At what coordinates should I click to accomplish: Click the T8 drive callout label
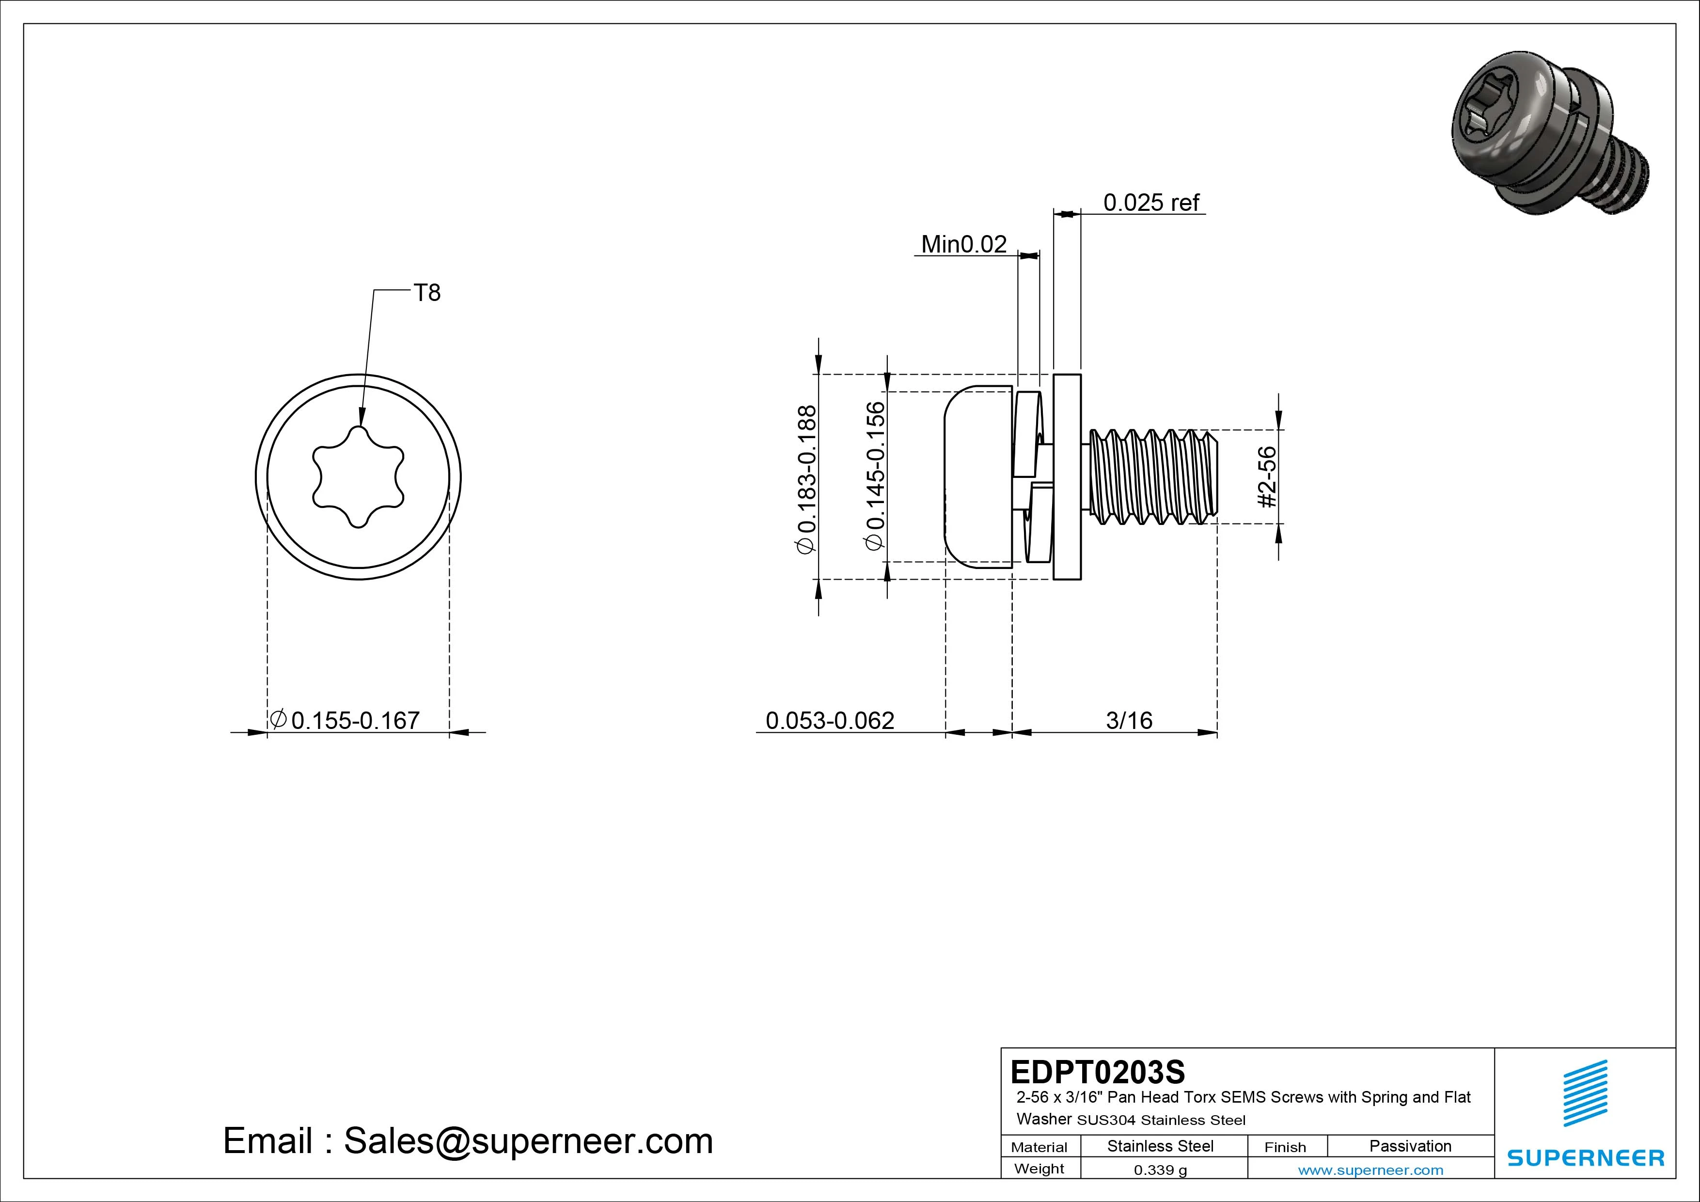pyautogui.click(x=427, y=293)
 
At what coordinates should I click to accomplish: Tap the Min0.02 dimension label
pyautogui.click(x=963, y=244)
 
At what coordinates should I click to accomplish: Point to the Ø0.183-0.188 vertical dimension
pyautogui.click(x=806, y=478)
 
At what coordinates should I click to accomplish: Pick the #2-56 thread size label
pyautogui.click(x=1268, y=476)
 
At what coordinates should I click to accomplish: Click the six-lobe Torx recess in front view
pyautogui.click(x=358, y=477)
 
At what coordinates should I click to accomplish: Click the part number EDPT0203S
pyautogui.click(x=1097, y=1072)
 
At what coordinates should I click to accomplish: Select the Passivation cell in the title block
pyautogui.click(x=1410, y=1146)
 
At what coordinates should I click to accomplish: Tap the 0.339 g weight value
pyautogui.click(x=1160, y=1170)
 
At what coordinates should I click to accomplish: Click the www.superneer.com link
pyautogui.click(x=1370, y=1170)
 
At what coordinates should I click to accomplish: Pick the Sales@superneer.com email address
pyautogui.click(x=528, y=1140)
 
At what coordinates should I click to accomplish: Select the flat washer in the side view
pyautogui.click(x=1067, y=477)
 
